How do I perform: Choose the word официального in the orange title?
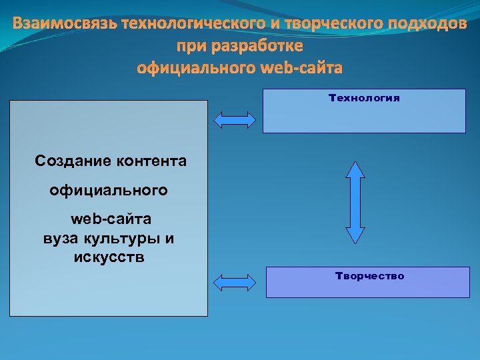click(x=195, y=68)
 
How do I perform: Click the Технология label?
click(x=364, y=98)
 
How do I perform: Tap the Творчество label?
click(x=370, y=276)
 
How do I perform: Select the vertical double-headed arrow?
click(x=356, y=202)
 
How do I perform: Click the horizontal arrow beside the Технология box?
click(x=234, y=119)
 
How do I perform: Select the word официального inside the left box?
click(x=109, y=191)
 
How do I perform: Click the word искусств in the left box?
click(x=109, y=257)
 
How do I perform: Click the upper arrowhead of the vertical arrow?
click(x=356, y=170)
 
